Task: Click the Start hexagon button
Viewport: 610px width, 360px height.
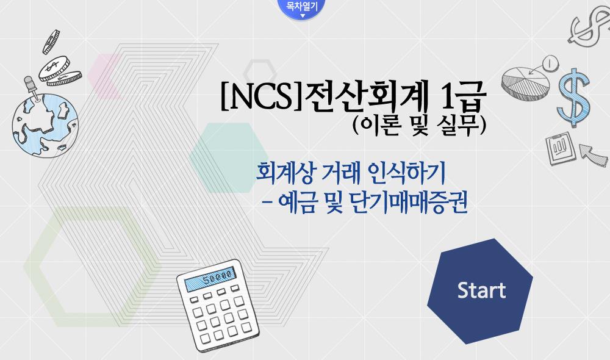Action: (x=480, y=291)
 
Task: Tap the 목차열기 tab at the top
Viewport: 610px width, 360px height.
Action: (x=302, y=9)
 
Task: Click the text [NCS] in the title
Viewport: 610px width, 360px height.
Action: (x=262, y=96)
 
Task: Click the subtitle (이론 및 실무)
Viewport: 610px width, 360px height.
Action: (x=420, y=125)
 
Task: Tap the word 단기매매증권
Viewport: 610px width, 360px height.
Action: (x=409, y=203)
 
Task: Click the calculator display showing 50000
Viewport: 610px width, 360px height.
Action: (x=210, y=279)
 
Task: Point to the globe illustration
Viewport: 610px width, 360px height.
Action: (x=45, y=124)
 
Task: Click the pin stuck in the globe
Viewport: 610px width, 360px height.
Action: (x=32, y=88)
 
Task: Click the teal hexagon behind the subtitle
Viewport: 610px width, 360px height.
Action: (x=229, y=157)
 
